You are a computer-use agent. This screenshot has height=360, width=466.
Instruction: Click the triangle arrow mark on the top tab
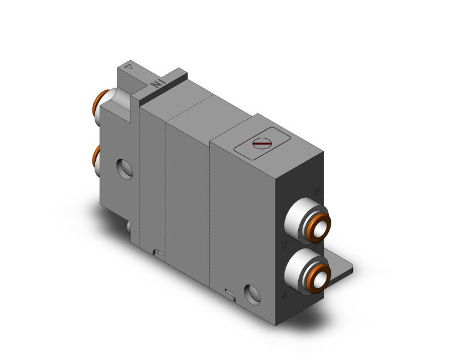[x=129, y=65]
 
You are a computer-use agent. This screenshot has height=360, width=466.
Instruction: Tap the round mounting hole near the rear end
[x=123, y=167]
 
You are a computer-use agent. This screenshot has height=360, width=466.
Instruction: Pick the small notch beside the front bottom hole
[x=230, y=292]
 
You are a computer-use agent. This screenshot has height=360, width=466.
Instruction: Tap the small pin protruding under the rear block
[x=128, y=227]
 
